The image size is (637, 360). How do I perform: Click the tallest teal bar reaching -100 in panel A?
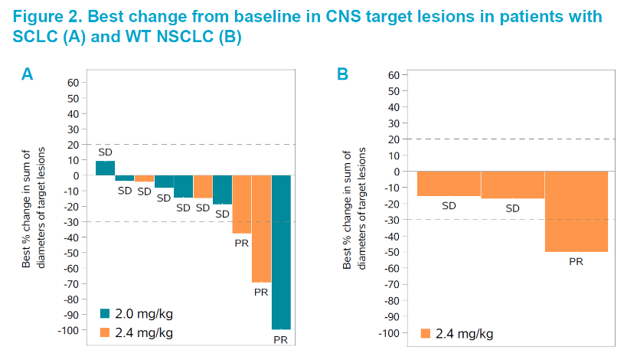tap(282, 252)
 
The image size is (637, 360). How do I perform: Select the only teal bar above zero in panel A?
tap(105, 168)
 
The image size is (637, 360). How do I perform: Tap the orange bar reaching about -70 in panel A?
tap(262, 229)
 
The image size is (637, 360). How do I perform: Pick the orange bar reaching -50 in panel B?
tap(576, 211)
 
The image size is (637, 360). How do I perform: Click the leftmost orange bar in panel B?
tap(449, 184)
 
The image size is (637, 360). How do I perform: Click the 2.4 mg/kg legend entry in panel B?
tap(456, 333)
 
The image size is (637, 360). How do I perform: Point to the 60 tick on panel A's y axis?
tap(73, 83)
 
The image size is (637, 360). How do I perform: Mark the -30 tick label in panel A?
tap(70, 222)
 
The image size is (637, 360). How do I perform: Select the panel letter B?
tap(343, 74)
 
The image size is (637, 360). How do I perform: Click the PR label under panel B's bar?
tap(576, 262)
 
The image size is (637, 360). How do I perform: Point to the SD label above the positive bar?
tap(105, 152)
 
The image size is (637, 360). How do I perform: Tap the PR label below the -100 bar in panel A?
tap(282, 339)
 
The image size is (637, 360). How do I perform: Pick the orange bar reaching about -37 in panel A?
tap(242, 204)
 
